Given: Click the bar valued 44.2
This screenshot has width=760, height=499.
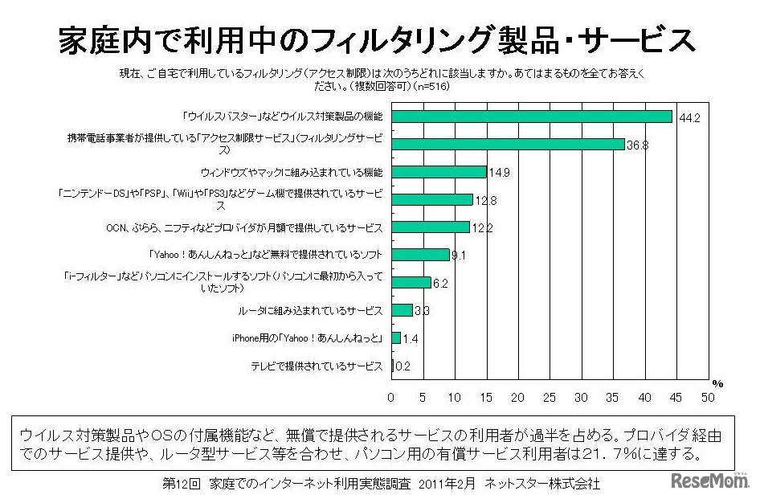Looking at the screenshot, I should pos(531,117).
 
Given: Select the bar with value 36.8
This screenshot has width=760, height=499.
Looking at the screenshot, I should pos(508,145).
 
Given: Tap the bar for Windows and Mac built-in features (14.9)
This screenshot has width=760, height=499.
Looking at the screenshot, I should pos(439,172).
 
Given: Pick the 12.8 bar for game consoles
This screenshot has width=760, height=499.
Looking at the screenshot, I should pos(431,199).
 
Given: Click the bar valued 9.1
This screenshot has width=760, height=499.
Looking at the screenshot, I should pos(420,255).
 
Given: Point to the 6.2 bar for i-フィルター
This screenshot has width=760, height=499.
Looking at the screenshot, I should pos(411,282).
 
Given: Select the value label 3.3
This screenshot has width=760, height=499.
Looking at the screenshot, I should pos(423,311).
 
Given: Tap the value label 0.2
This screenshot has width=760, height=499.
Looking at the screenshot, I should pos(402,367).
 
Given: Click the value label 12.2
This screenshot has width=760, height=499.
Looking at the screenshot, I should pos(481,228).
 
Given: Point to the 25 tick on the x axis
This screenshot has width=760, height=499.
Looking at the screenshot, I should pos(550,397).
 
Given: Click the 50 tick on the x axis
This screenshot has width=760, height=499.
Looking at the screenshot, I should pos(708,397).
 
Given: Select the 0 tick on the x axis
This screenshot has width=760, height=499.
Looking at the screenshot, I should pos(391,397).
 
